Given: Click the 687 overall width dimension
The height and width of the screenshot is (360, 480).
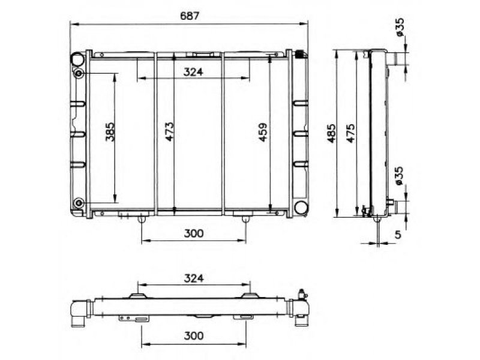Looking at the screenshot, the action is [190, 16].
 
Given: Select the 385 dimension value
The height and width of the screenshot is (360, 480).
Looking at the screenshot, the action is [110, 132].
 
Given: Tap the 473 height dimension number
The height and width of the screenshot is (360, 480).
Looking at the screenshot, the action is [169, 132].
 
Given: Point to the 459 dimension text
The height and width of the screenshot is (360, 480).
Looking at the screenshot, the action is [263, 132].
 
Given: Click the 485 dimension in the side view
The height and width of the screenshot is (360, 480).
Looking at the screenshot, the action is [331, 133].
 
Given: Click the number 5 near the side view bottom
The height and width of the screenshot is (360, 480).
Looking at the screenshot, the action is [398, 235].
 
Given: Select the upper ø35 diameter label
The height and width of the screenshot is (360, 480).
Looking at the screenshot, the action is [400, 28].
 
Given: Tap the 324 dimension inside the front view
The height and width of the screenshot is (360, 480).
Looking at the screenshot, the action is [193, 72].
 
